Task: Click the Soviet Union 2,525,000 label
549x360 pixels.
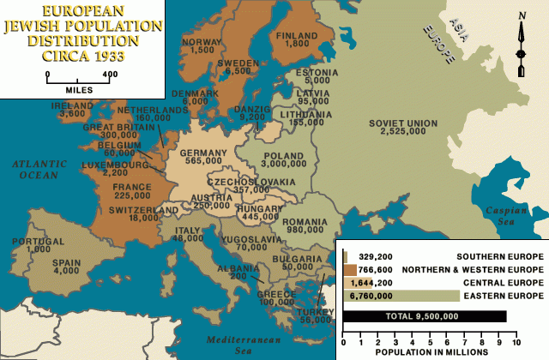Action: coord(402,128)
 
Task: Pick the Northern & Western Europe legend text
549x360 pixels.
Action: coord(489,270)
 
